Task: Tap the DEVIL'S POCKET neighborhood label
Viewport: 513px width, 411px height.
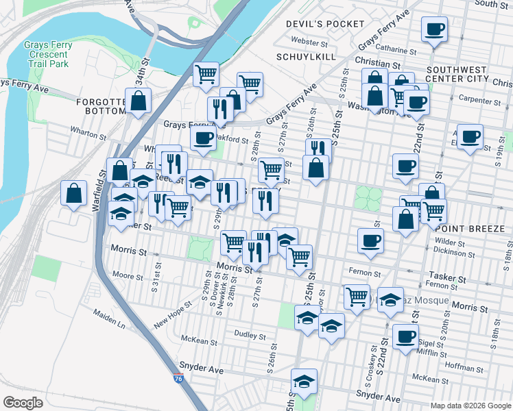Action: [x=325, y=24]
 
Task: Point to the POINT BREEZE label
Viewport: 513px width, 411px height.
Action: [x=478, y=228]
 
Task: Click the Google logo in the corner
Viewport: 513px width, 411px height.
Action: [x=23, y=403]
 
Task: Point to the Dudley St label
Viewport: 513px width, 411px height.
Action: [x=249, y=336]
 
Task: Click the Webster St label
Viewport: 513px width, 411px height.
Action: [x=305, y=42]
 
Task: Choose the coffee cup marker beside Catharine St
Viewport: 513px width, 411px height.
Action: [x=434, y=30]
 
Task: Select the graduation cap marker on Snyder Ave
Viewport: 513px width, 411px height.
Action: [x=304, y=381]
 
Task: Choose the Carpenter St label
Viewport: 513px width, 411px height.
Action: [x=478, y=101]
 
